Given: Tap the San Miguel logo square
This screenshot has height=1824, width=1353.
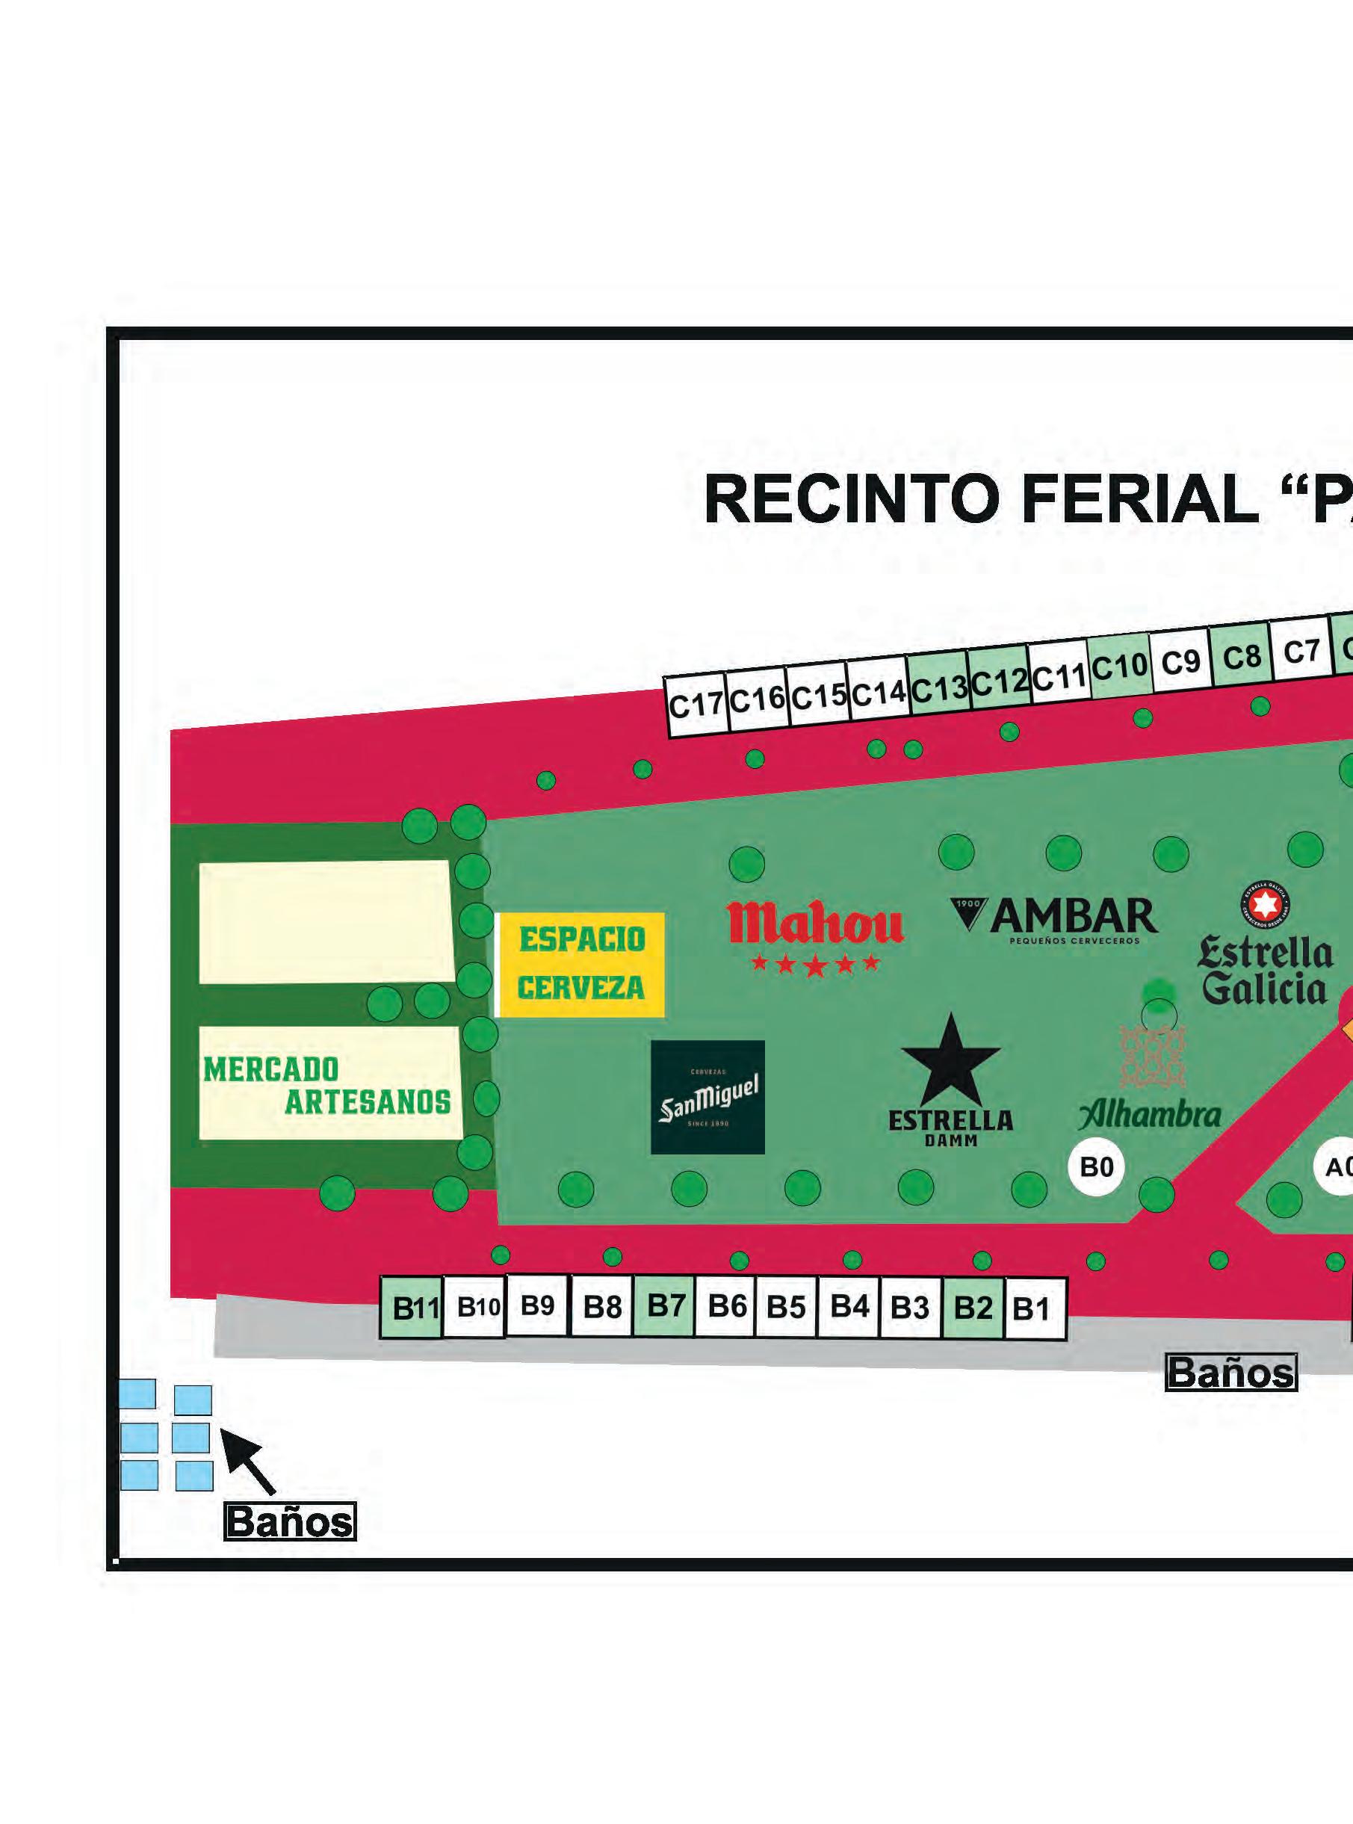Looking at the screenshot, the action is [x=708, y=1097].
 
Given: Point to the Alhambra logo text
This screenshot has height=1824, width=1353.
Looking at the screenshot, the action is [x=1150, y=1115].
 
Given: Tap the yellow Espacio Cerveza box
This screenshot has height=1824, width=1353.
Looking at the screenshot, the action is [x=581, y=964].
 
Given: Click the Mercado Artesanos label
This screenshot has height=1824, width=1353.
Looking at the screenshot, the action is [x=327, y=1085].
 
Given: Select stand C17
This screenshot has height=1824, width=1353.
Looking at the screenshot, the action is [x=696, y=705].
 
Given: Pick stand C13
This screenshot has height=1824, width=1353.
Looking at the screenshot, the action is [x=938, y=689].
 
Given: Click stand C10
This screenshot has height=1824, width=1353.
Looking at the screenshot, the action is [x=1120, y=667].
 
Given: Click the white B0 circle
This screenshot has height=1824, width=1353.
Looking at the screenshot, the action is [x=1097, y=1166].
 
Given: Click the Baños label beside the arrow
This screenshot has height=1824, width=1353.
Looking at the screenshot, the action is [x=290, y=1522].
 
